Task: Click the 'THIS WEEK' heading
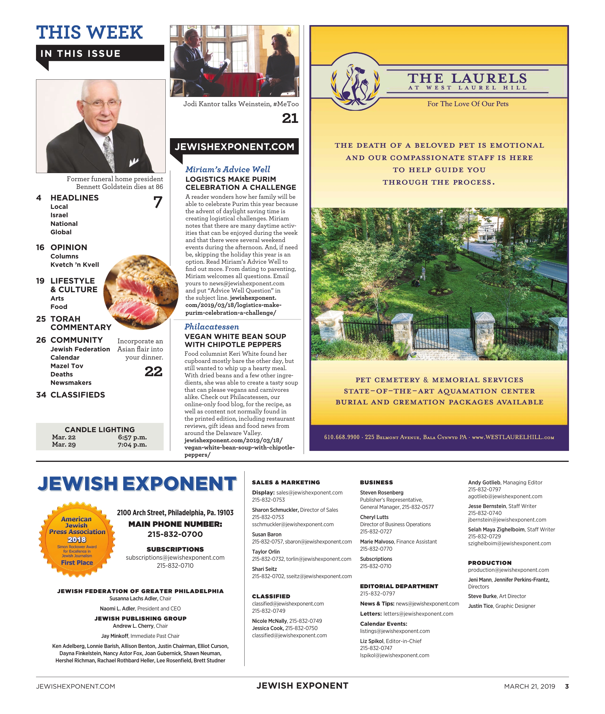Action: [x=89, y=33]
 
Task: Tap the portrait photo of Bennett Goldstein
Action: [x=101, y=126]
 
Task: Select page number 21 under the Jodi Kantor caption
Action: [x=290, y=119]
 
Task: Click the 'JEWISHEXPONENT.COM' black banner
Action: [x=234, y=147]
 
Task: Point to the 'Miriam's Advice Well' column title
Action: [x=227, y=169]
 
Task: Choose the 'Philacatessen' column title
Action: [x=212, y=327]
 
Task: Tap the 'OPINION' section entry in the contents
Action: [x=69, y=247]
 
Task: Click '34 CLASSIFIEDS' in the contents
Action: [x=71, y=395]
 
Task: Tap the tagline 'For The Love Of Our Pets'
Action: [x=468, y=104]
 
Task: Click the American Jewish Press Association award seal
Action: [x=77, y=539]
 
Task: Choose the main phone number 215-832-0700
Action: [x=175, y=534]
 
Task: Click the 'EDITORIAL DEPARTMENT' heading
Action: [x=399, y=586]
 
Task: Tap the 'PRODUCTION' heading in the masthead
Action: [x=489, y=563]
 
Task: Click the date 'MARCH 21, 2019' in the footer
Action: [x=529, y=687]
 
